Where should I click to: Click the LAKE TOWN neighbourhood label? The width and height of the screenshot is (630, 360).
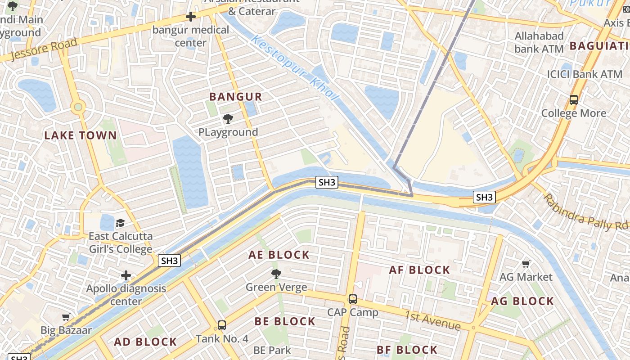pos(80,135)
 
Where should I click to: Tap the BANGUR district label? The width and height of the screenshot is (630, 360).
pos(235,97)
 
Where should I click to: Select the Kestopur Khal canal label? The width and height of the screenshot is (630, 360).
pos(294,68)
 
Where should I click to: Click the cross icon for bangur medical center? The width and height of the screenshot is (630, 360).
pos(191,17)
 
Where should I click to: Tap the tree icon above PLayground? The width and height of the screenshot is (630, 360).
pos(228,119)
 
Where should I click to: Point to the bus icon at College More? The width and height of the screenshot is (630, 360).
pos(573,100)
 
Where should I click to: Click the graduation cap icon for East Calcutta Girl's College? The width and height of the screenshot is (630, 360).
pos(120,223)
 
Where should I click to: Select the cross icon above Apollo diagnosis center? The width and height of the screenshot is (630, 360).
pos(126,275)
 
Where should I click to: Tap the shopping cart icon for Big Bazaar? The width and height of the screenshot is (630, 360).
pos(66,317)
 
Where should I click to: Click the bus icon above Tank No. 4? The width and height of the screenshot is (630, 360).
pos(221,325)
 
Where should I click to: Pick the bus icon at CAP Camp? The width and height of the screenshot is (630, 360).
pos(353,299)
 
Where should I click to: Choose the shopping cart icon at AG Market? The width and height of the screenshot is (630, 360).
pos(526,264)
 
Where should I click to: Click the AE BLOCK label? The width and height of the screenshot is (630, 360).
pos(279,255)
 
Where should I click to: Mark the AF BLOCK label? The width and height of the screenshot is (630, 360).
pos(419,270)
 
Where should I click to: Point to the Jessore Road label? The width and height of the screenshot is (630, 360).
pos(43,49)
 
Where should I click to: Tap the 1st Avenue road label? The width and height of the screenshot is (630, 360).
pos(432,320)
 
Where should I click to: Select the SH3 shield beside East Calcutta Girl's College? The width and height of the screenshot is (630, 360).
pos(170,261)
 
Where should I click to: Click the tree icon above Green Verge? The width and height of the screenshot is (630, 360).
pos(276,274)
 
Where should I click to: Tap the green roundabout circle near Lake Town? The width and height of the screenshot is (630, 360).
pos(78,107)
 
